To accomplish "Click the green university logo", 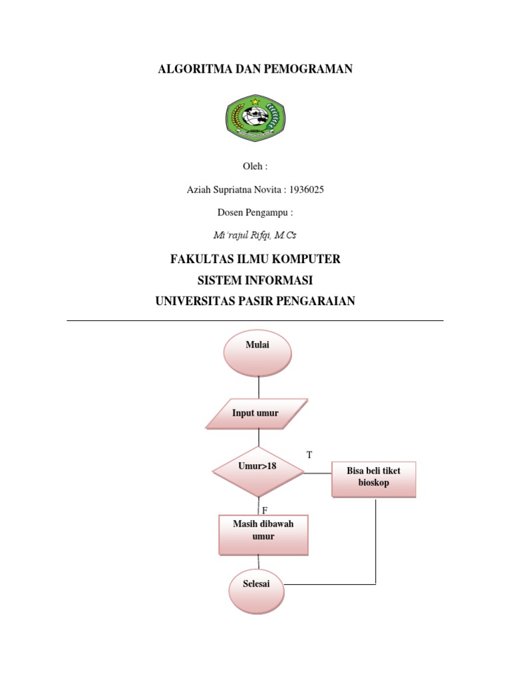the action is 255,117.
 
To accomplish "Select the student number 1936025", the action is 306,190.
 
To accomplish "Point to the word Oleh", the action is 252,166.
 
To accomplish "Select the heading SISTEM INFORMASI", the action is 255,280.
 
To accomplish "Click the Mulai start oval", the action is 257,353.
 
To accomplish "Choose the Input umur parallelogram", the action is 256,413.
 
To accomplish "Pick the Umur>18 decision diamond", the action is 258,472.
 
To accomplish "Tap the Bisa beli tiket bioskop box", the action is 374,480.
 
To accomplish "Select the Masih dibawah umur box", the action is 263,535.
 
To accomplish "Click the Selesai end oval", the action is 256,591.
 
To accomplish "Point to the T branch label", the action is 309,455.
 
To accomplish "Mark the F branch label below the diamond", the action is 265,510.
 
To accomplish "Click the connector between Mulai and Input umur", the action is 259,387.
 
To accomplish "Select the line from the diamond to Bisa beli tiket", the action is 317,473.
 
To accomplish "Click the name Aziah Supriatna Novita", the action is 234,190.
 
